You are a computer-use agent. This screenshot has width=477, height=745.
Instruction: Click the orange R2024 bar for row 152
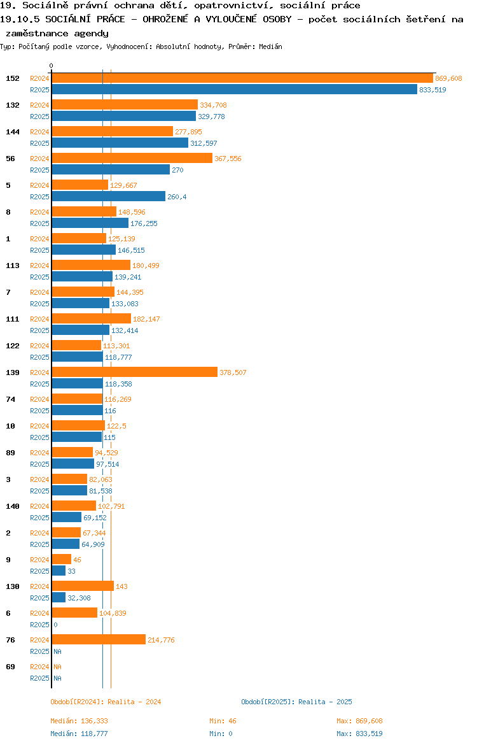click(x=242, y=78)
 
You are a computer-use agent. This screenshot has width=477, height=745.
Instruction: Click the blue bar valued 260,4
click(x=108, y=197)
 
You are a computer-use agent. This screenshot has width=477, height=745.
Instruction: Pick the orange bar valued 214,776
click(x=99, y=640)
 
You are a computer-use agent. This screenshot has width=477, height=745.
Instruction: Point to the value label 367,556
click(x=228, y=159)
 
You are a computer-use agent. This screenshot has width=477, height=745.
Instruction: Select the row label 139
click(x=13, y=372)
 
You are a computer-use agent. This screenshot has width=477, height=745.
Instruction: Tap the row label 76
click(x=10, y=640)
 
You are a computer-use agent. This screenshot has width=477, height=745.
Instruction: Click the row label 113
click(x=13, y=266)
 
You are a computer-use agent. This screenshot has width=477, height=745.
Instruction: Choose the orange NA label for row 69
click(x=57, y=667)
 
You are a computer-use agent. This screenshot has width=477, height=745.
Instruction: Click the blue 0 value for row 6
click(x=55, y=625)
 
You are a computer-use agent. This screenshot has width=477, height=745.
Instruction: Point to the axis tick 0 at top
click(x=52, y=66)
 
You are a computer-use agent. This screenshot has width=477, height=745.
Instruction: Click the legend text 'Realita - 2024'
click(x=134, y=702)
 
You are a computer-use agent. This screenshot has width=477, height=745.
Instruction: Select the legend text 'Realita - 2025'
click(x=325, y=702)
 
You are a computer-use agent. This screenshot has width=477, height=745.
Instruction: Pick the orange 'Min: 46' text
click(x=223, y=721)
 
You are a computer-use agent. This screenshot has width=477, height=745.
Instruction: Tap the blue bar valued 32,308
click(x=59, y=598)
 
